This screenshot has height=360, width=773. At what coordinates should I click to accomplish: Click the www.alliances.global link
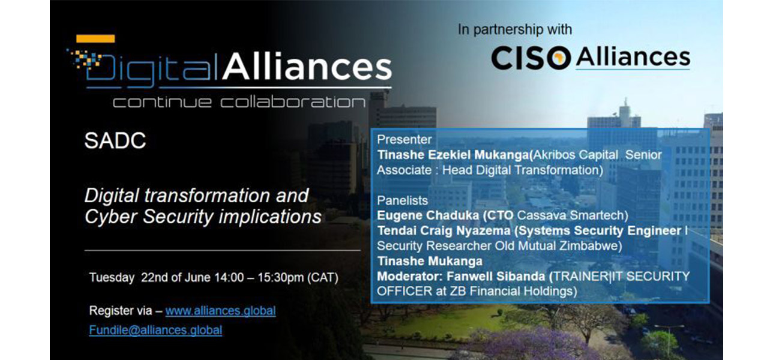(220, 311)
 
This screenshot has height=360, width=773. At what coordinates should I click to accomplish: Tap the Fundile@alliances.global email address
(155, 331)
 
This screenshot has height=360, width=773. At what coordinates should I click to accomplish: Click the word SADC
(115, 140)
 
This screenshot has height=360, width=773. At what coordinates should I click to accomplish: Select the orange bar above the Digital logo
(95, 38)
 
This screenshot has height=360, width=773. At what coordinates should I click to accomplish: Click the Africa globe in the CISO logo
(558, 58)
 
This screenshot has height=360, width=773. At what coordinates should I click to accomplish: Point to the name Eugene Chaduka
(428, 215)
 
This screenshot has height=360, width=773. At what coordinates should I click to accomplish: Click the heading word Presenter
(404, 139)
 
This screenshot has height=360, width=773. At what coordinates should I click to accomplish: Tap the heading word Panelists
(402, 200)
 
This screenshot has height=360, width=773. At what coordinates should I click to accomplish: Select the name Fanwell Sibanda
(496, 277)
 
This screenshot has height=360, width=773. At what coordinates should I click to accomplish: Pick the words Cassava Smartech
(571, 215)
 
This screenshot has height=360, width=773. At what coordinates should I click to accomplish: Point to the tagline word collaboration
(293, 102)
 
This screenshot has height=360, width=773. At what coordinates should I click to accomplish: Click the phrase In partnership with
(515, 29)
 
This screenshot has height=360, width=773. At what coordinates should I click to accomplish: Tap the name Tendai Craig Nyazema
(444, 230)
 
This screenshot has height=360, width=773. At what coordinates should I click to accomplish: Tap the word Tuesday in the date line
(112, 278)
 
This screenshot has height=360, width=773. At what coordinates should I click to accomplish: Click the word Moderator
(410, 277)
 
